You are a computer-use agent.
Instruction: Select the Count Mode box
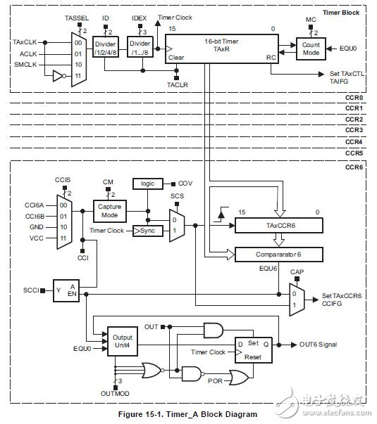(310, 48)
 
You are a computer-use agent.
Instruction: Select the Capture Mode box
(109, 210)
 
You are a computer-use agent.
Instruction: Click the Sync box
(147, 231)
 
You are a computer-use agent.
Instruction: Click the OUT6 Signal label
(319, 345)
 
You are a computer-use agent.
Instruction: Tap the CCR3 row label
(353, 130)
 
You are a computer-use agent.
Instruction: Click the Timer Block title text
(346, 13)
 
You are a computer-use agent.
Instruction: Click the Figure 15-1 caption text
(181, 414)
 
